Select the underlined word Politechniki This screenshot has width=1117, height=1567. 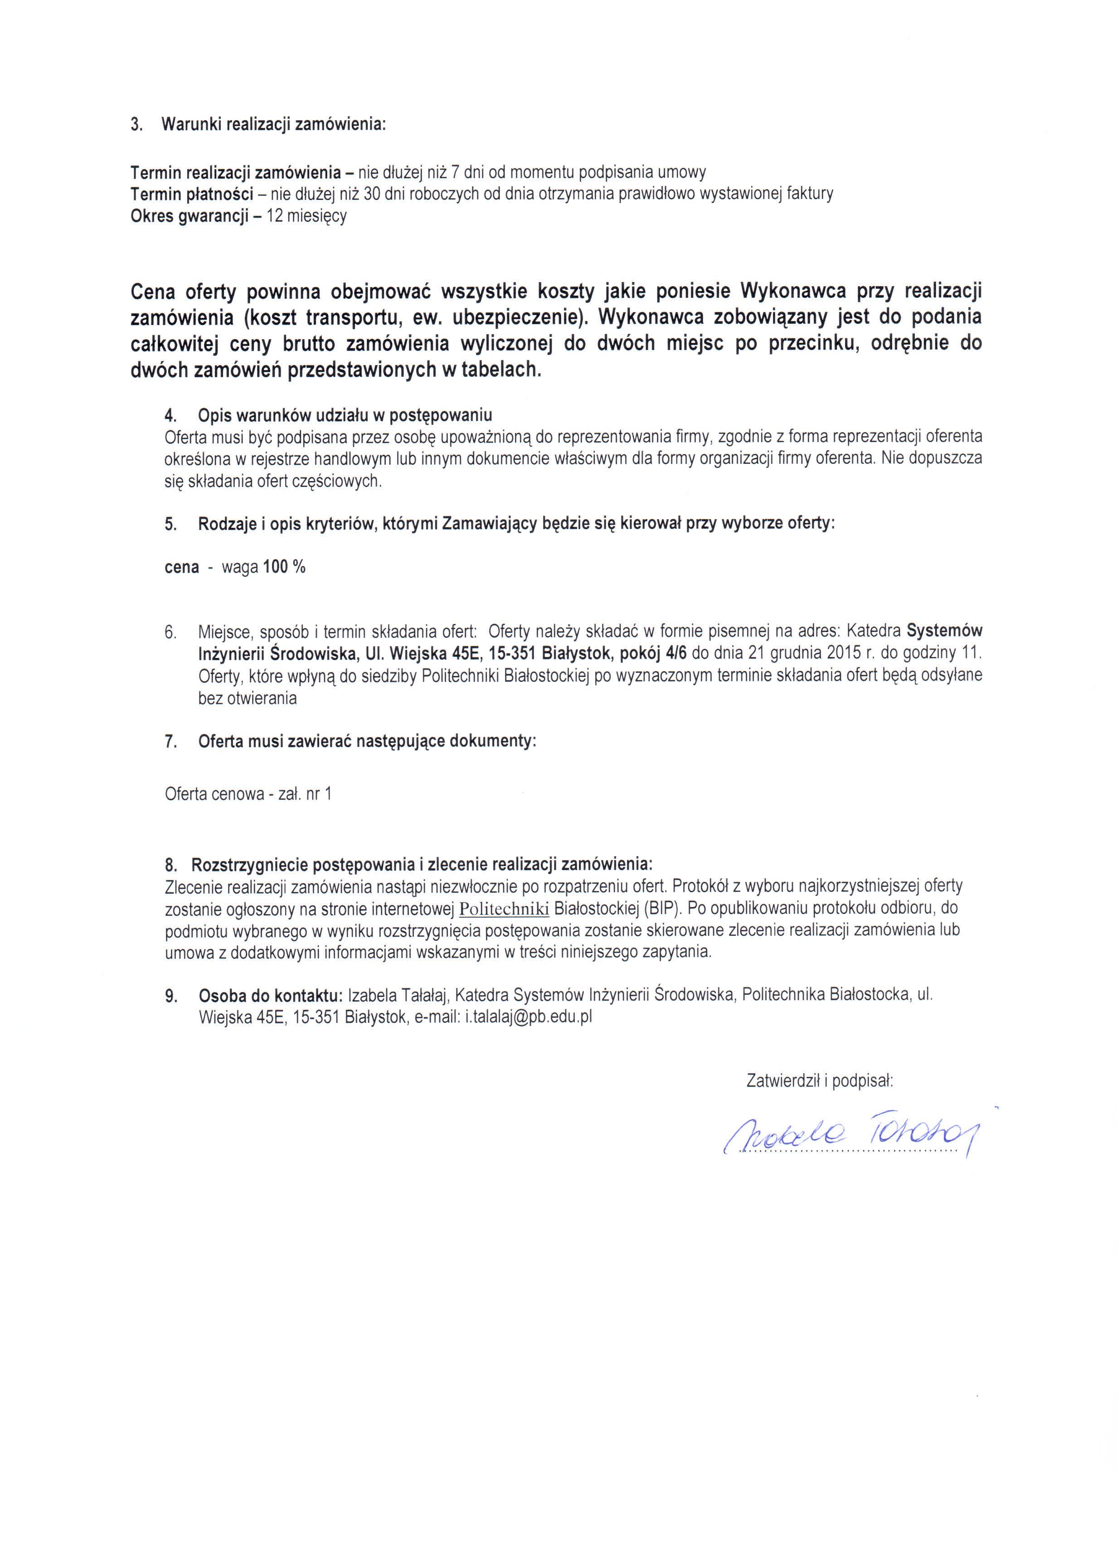tap(504, 909)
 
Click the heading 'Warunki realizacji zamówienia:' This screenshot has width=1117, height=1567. tap(274, 125)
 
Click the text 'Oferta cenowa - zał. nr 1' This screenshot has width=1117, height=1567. tap(248, 794)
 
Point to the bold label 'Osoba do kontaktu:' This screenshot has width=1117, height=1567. tap(270, 995)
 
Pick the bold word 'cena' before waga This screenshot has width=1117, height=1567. tap(182, 568)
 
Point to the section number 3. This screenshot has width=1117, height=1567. tap(136, 125)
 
